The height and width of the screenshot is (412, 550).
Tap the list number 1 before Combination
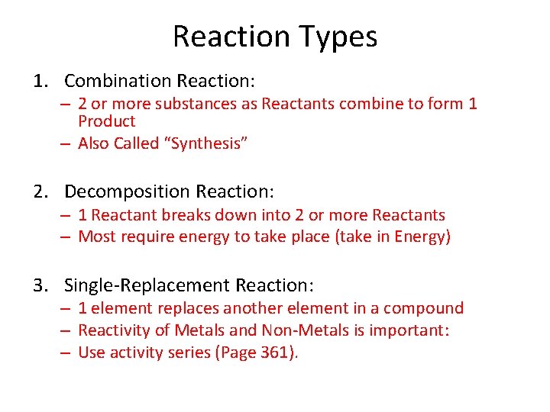(x=39, y=81)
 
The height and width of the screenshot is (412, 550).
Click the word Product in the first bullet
(x=106, y=121)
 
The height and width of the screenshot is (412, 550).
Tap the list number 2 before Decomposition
(x=39, y=191)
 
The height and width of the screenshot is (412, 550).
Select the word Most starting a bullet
(x=96, y=237)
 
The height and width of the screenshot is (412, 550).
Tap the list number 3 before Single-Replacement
(x=39, y=285)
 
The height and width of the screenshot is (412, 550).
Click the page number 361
(x=276, y=352)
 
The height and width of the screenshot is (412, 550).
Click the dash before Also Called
(x=67, y=143)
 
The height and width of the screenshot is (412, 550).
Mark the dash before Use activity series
(x=67, y=352)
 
